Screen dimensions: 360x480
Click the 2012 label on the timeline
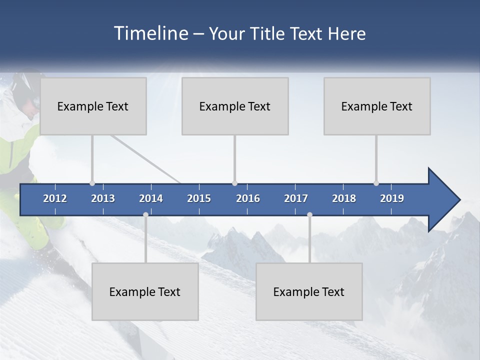[55, 198]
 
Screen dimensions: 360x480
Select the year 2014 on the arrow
[151, 198]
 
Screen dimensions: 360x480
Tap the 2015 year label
[199, 198]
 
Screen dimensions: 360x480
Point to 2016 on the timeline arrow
[248, 198]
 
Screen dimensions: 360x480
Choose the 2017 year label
[296, 198]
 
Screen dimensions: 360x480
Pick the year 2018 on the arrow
[344, 198]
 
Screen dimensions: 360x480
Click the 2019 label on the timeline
[392, 198]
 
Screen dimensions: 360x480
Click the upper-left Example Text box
[93, 106]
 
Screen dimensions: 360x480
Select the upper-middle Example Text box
[235, 106]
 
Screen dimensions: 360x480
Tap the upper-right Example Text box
[377, 106]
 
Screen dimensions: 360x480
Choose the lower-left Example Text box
[145, 291]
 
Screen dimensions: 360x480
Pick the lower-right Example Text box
[309, 291]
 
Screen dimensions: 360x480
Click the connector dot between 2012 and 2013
[92, 183]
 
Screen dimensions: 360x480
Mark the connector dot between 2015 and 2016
[234, 183]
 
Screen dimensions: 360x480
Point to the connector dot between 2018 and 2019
[376, 183]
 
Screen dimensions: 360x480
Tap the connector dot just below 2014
[145, 214]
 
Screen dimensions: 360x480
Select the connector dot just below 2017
[309, 214]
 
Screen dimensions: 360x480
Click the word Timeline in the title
[150, 33]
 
